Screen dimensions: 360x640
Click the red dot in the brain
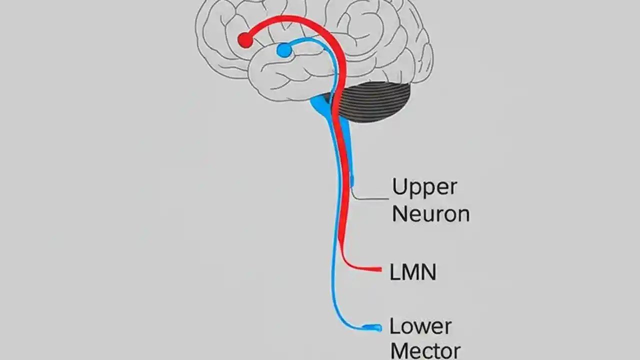pos(245,40)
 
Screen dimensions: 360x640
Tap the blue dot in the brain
pos(284,50)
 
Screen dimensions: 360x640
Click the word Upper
pos(424,187)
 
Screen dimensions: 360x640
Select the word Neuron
pos(430,214)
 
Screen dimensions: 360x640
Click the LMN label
pos(412,272)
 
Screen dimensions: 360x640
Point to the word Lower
pos(420,326)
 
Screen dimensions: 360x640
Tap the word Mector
pos(425,350)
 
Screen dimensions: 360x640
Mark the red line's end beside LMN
pos(378,269)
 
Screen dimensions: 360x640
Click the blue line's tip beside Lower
pos(378,328)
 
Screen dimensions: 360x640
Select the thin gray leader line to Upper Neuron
pos(370,198)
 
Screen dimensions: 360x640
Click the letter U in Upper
pos(399,186)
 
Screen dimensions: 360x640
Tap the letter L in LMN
pos(394,272)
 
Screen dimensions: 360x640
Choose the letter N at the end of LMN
pos(428,272)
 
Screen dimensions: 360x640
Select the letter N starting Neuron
pos(399,214)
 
